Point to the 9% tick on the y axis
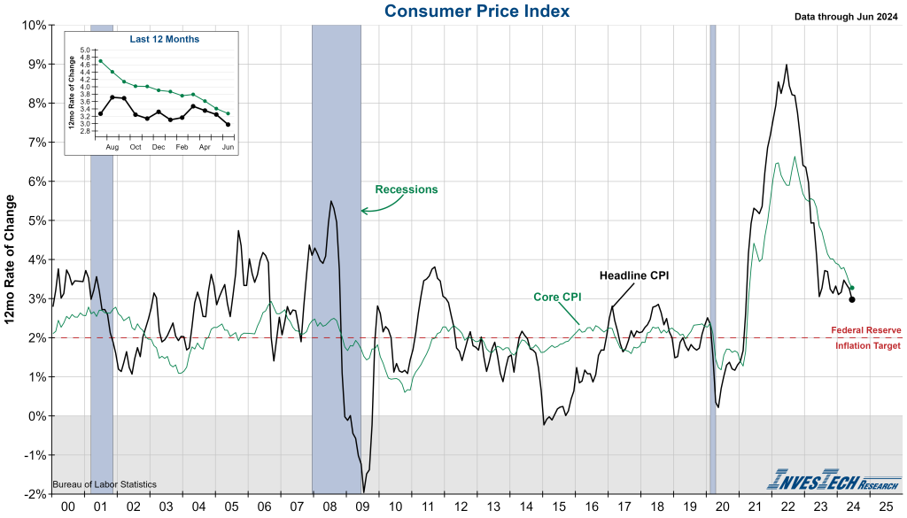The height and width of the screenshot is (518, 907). (x=35, y=64)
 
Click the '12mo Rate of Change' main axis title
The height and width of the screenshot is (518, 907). (x=12, y=260)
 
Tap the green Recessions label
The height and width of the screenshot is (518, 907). (x=407, y=189)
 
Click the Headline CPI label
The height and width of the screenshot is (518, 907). (x=634, y=275)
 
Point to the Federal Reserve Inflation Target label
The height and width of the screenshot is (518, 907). (x=865, y=337)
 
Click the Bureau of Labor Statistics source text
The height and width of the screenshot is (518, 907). (x=105, y=484)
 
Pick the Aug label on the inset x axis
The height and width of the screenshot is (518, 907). (x=112, y=146)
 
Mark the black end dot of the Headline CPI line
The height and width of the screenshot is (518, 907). (x=852, y=299)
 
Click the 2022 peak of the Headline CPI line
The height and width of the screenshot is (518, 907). (x=787, y=65)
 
